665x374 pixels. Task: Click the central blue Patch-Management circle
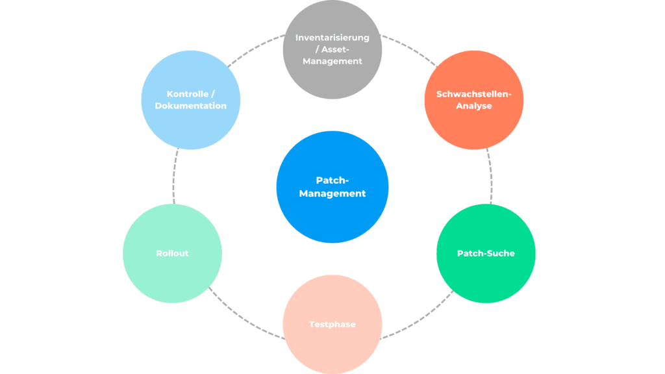pyautogui.click(x=332, y=186)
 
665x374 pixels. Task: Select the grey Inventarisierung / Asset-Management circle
pyautogui.click(x=332, y=49)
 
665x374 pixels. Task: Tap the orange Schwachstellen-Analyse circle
pyautogui.click(x=473, y=99)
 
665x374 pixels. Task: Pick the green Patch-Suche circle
pyautogui.click(x=486, y=253)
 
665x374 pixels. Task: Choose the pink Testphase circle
pyautogui.click(x=332, y=325)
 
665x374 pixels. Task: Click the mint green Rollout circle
pyautogui.click(x=172, y=253)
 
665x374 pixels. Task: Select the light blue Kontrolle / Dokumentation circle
pyautogui.click(x=190, y=99)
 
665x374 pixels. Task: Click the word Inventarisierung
pyautogui.click(x=332, y=37)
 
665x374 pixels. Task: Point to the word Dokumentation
pyautogui.click(x=190, y=106)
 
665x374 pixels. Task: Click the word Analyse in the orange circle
pyautogui.click(x=473, y=106)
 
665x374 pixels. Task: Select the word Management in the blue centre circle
pyautogui.click(x=332, y=193)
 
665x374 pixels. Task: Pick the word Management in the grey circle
pyautogui.click(x=332, y=61)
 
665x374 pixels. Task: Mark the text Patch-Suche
pyautogui.click(x=486, y=253)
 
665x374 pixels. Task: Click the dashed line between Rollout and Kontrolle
pyautogui.click(x=173, y=176)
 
